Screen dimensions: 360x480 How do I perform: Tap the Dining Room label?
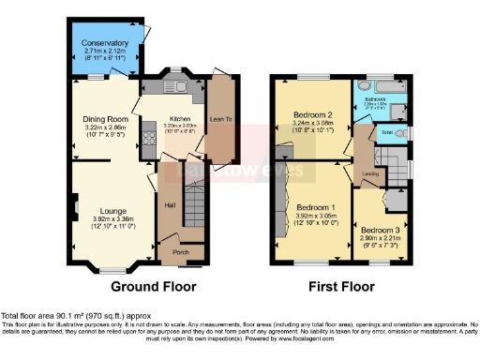[104, 120]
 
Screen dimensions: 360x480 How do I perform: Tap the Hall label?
[171, 205]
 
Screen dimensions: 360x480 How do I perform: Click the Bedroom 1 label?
[316, 207]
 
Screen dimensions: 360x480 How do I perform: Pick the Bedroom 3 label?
[381, 230]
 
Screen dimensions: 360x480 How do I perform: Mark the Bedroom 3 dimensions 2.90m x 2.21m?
[381, 239]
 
